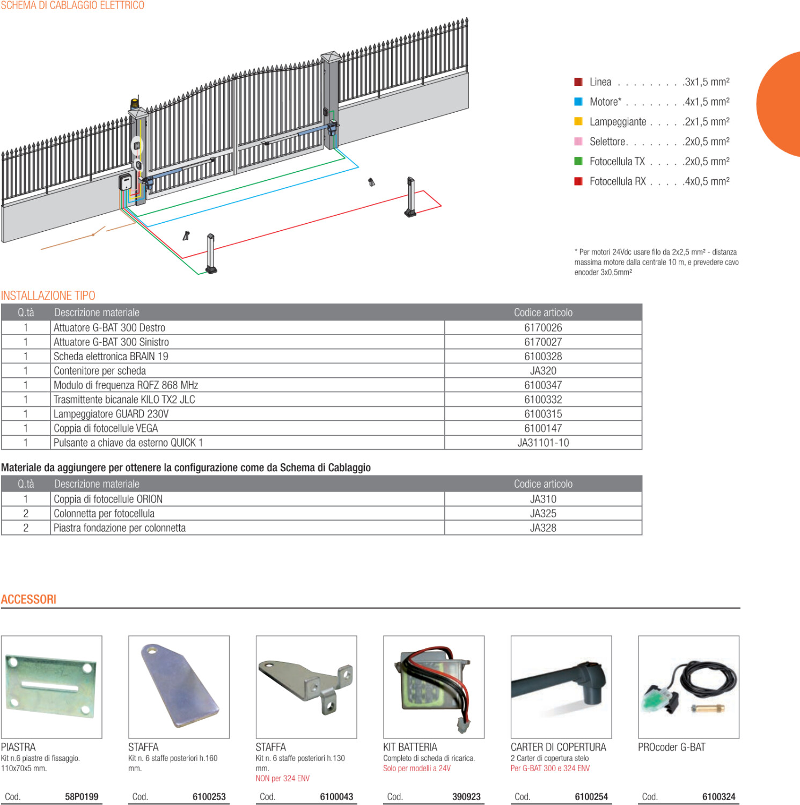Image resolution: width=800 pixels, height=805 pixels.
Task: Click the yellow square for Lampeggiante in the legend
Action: [578, 121]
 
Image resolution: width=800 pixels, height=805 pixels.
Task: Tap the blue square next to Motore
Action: [578, 101]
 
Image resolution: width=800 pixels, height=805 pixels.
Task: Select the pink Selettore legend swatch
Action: [578, 141]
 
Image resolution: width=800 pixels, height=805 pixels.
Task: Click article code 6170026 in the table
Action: [543, 327]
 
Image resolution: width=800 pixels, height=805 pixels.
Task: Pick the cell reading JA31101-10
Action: [543, 443]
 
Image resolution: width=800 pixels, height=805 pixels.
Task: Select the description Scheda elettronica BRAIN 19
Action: [111, 356]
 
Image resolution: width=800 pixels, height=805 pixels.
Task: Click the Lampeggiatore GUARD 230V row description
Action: [111, 414]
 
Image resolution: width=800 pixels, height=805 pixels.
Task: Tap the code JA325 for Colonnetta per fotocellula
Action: [543, 514]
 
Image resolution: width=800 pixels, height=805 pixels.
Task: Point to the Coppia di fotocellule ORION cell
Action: [108, 499]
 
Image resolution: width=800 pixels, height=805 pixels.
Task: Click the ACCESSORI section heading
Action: [28, 599]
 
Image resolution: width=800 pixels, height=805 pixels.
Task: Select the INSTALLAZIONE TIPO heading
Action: [48, 296]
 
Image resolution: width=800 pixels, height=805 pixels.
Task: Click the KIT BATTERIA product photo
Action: [434, 687]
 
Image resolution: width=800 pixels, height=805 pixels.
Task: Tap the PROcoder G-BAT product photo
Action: [688, 687]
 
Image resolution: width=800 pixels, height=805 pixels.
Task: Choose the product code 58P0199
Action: [82, 796]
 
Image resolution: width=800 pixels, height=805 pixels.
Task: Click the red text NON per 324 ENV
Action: [282, 778]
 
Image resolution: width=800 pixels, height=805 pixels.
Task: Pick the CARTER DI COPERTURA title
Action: [558, 747]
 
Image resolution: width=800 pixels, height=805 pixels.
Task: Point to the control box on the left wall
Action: [125, 182]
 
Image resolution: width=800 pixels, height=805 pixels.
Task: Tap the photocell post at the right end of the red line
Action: [410, 197]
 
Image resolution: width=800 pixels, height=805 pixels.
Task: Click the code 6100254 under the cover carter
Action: [591, 796]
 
